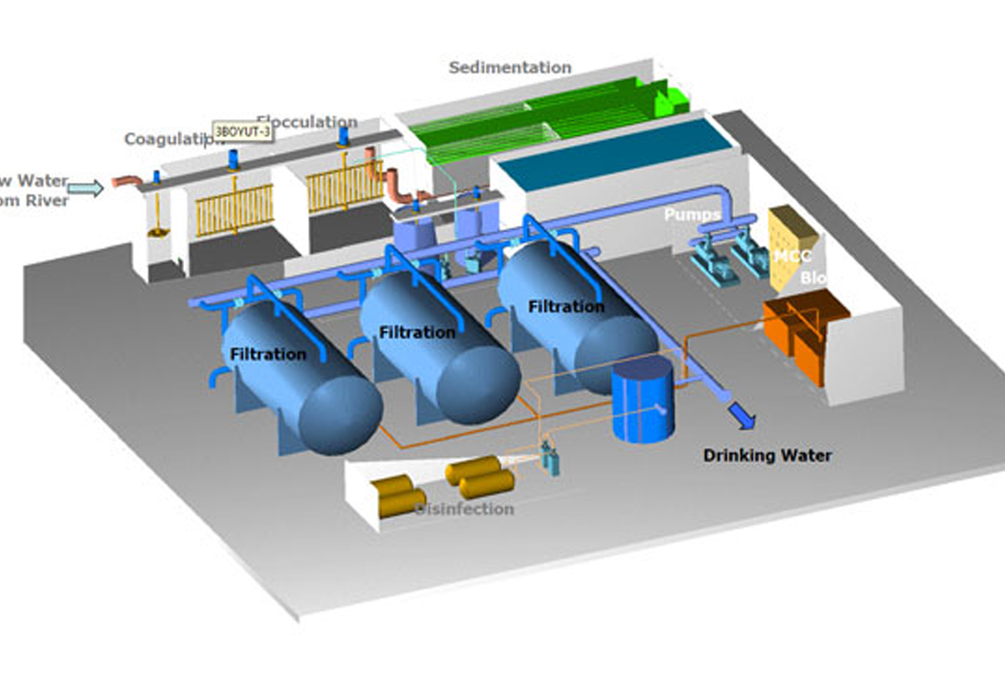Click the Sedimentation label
[510, 68]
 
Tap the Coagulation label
[170, 139]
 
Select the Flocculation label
[308, 122]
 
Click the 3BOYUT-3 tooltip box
[242, 130]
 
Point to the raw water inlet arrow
[85, 188]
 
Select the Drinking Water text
[767, 455]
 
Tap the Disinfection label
[465, 508]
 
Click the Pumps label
[691, 215]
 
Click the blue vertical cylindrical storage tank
[642, 400]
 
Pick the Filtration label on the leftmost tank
[268, 354]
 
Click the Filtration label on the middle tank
[417, 331]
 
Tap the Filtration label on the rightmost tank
[566, 307]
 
